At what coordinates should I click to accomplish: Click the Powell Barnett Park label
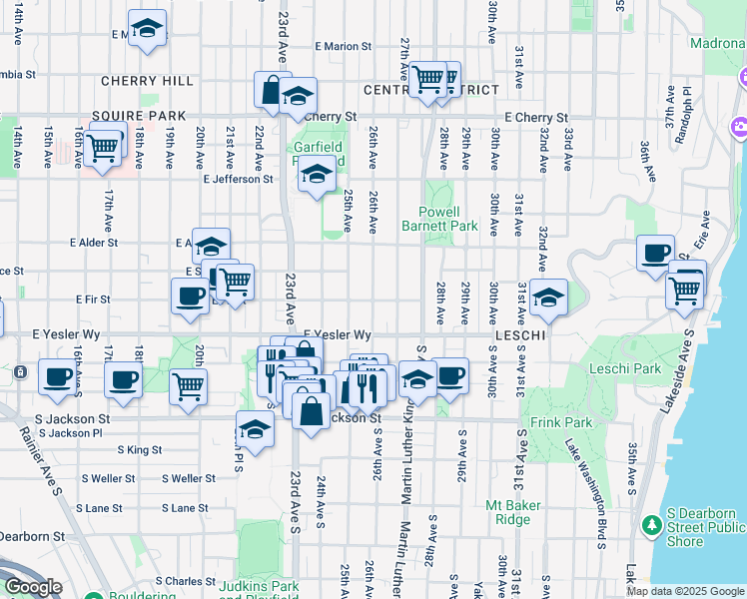453,219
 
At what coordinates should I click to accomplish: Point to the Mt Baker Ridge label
514,512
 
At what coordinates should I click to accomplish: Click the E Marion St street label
343,46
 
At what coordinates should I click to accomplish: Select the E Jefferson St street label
238,180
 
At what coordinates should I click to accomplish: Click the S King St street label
140,450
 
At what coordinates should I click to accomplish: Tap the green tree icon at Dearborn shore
652,524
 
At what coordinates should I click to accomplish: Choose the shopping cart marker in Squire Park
102,147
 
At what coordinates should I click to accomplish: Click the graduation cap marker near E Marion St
147,30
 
